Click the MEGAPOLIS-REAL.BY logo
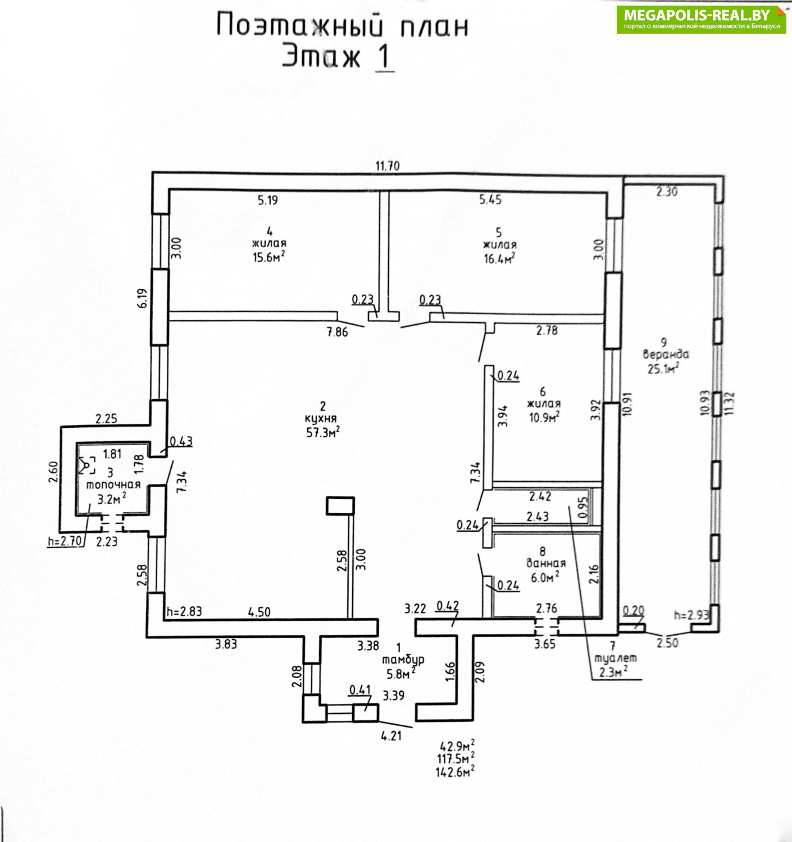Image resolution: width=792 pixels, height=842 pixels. click(x=701, y=19)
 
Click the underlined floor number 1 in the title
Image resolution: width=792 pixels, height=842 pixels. click(x=384, y=58)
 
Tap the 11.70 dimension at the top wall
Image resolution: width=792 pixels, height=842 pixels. click(x=388, y=166)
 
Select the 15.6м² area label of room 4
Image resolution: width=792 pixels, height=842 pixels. click(x=269, y=257)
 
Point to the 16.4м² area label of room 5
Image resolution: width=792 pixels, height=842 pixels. click(x=499, y=258)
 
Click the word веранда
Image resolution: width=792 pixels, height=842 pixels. click(x=666, y=355)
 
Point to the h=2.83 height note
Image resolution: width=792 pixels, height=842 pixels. click(x=184, y=612)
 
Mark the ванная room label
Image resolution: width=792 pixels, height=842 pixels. click(x=545, y=564)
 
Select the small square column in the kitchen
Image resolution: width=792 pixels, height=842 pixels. click(x=340, y=506)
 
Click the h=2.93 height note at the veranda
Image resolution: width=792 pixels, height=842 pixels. click(x=691, y=615)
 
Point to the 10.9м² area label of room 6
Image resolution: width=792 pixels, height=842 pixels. click(x=543, y=417)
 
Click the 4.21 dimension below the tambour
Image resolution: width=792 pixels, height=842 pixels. click(x=391, y=736)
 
